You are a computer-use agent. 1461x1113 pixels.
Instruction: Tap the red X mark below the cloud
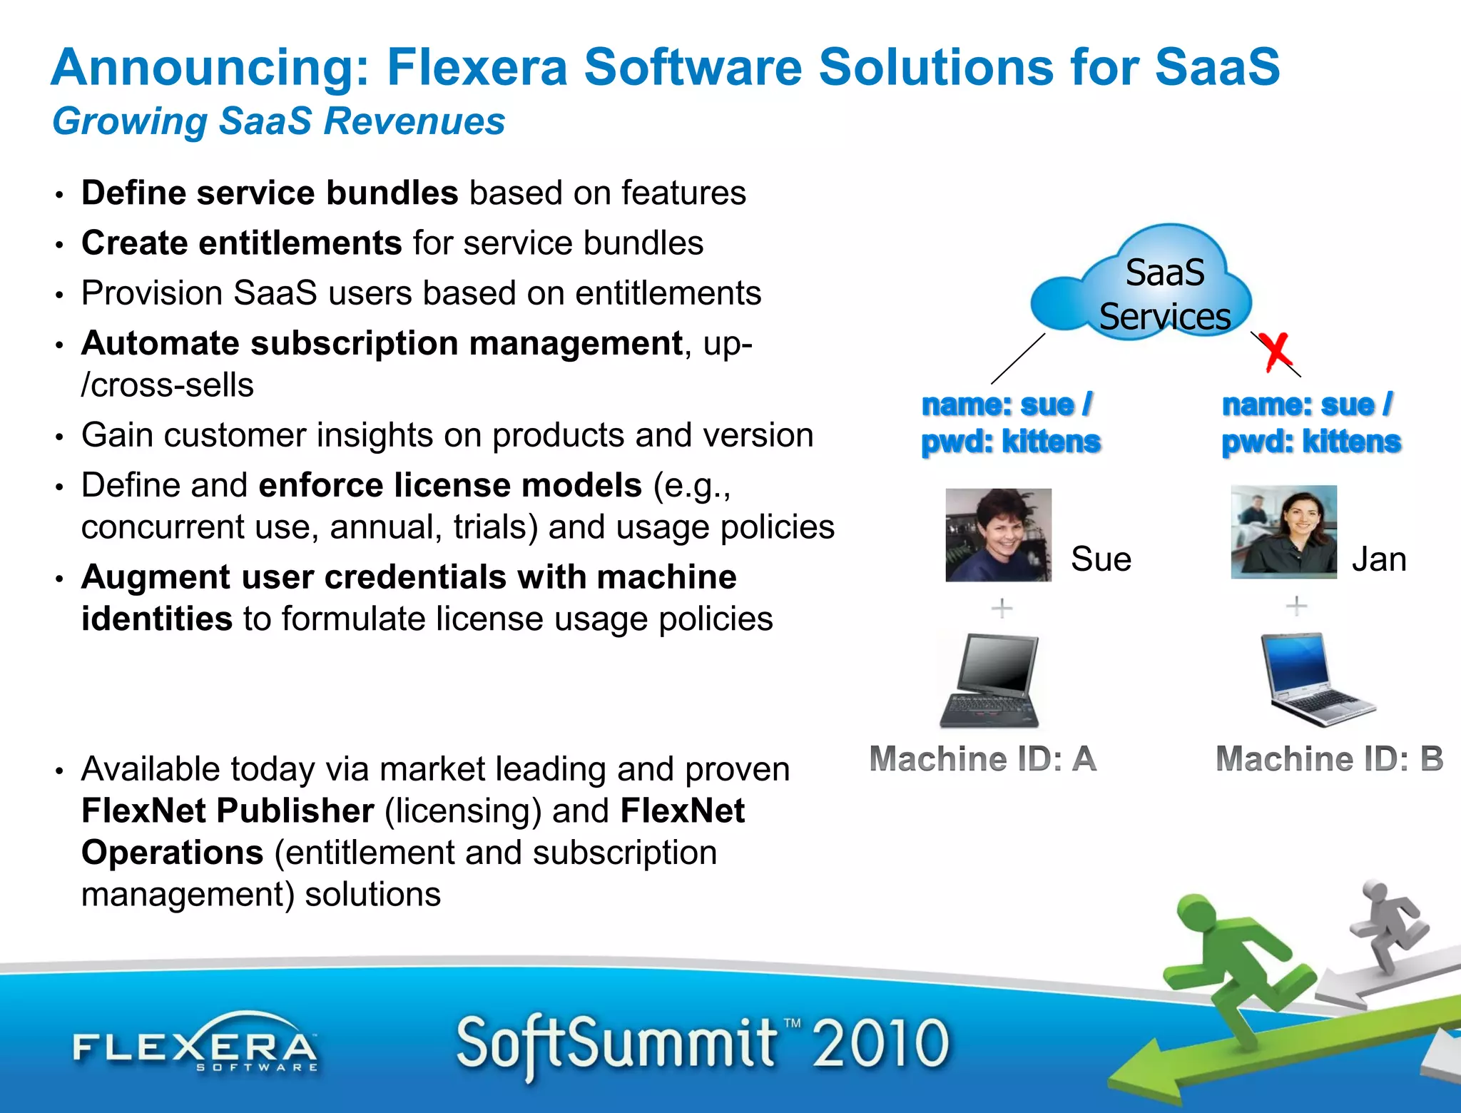[1275, 351]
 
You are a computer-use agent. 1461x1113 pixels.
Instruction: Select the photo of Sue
[998, 535]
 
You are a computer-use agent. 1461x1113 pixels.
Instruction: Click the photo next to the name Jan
[1283, 532]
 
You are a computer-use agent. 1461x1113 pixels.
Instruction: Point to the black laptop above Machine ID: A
[991, 681]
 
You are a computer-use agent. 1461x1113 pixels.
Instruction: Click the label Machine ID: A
[983, 759]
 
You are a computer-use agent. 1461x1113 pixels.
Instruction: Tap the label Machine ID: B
[1329, 759]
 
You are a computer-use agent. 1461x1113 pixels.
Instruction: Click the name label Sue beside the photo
[1101, 559]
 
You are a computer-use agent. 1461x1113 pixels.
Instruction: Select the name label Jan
[1379, 559]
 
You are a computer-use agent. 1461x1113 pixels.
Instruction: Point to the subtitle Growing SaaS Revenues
[279, 121]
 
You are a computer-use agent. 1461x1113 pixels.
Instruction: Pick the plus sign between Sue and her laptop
[1002, 608]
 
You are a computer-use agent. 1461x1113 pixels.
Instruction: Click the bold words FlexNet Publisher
[228, 811]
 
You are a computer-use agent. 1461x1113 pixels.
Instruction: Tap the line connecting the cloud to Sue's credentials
[1018, 359]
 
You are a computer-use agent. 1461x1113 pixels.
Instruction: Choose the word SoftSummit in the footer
[616, 1044]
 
